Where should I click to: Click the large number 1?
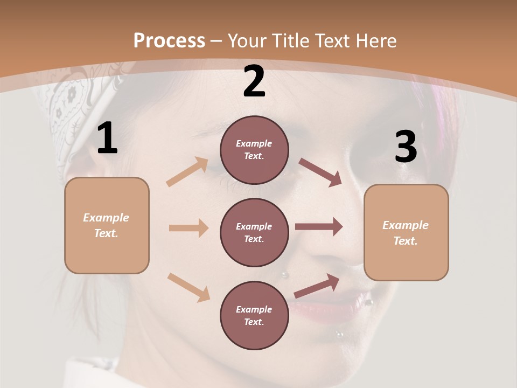107,138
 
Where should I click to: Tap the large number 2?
254,82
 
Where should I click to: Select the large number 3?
406,147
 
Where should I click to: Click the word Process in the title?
169,40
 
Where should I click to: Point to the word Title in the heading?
290,40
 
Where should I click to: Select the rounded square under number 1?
107,225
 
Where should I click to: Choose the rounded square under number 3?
406,232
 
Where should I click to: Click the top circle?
254,150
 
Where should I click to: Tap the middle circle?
254,232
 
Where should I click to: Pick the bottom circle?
254,315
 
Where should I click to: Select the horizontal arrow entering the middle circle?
188,228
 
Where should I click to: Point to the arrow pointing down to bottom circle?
189,287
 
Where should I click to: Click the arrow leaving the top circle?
320,172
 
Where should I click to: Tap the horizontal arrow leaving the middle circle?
319,227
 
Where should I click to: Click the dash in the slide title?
216,41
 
